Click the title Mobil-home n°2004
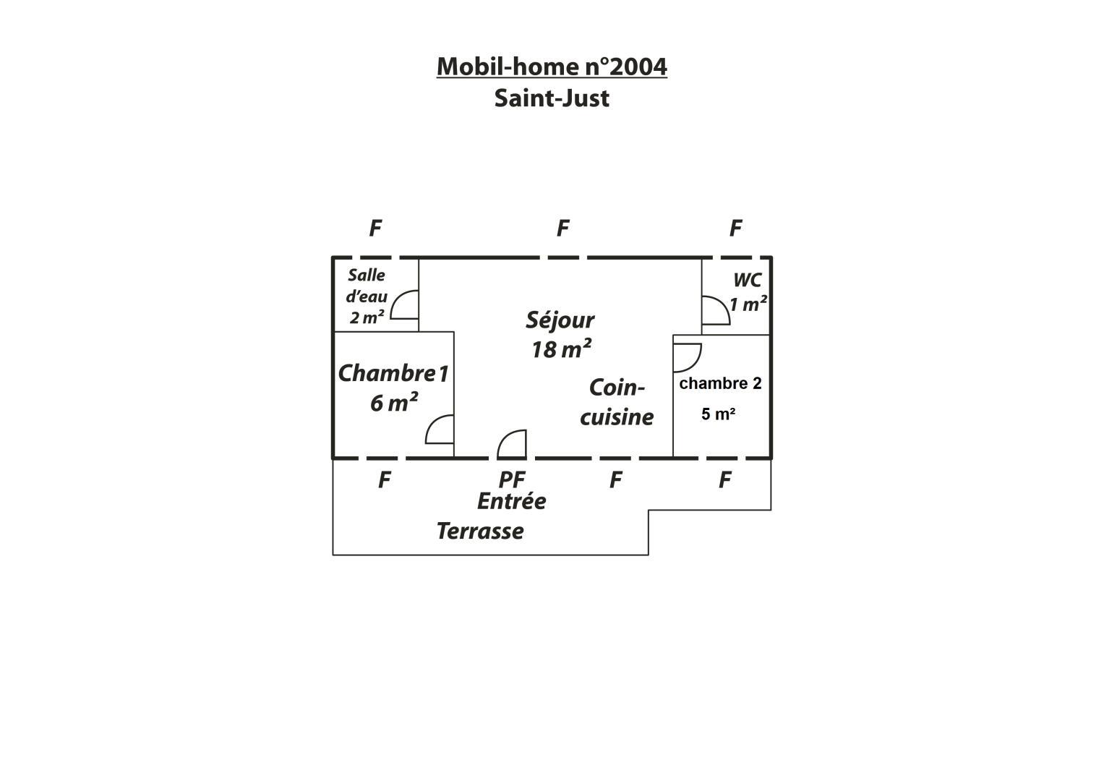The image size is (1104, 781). point(552,67)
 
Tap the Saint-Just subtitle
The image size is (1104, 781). point(552,98)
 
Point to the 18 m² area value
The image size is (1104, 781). point(561,349)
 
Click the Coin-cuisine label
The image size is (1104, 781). point(617,402)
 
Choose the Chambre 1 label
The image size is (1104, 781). point(393,373)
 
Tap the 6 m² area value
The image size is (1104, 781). point(394,402)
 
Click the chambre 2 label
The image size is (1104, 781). point(720,383)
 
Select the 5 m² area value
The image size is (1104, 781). point(718,414)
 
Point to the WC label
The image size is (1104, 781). point(747,280)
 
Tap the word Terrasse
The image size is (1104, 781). point(480,531)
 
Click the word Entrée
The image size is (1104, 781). point(512,501)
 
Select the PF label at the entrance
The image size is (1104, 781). point(512,479)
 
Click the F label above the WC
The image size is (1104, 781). point(735,229)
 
